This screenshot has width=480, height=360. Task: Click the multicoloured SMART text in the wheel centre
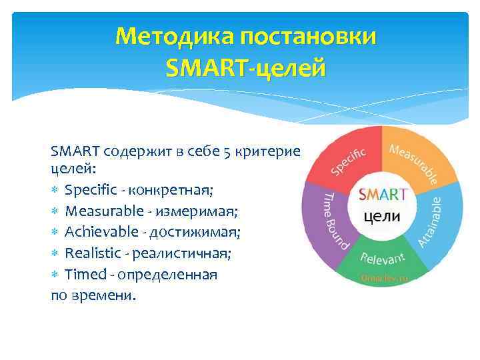click(x=383, y=195)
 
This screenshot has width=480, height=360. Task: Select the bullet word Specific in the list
click(x=89, y=191)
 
